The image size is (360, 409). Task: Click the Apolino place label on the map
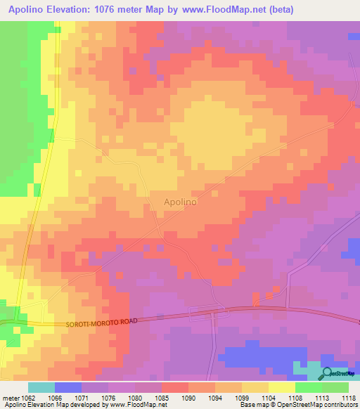pos(180,202)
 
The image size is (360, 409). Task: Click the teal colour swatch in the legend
pos(41,387)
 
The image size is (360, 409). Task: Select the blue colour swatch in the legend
pos(68,387)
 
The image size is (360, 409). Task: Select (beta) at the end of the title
pos(276,9)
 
